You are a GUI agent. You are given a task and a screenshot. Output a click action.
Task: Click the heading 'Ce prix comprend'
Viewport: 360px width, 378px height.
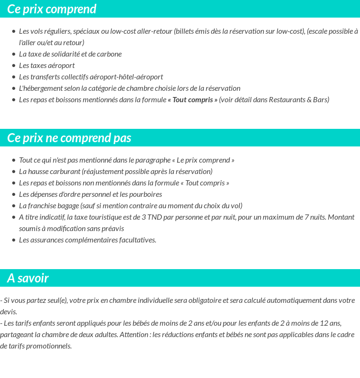[52, 9]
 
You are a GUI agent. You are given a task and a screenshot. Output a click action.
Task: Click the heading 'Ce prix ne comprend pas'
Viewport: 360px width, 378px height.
[69, 138]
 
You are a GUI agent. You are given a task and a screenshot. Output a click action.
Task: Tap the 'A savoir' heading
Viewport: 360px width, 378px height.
[28, 278]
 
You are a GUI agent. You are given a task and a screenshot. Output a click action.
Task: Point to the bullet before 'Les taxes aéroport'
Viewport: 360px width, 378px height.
[14, 66]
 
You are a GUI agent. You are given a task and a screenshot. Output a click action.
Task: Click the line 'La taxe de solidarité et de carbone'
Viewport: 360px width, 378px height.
[70, 54]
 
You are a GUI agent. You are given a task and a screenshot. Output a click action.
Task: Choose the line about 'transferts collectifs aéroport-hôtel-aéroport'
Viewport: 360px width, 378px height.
[91, 77]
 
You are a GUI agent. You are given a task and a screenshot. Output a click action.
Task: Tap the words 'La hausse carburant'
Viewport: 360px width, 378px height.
[49, 172]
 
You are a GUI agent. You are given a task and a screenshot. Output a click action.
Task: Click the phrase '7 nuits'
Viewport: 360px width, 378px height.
[303, 217]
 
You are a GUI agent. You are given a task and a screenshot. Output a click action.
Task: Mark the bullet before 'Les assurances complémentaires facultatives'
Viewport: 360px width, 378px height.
[14, 240]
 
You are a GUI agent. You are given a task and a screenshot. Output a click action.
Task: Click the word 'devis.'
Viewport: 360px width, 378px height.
[9, 312]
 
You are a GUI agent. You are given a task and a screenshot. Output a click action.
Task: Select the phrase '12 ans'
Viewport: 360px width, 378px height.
[331, 323]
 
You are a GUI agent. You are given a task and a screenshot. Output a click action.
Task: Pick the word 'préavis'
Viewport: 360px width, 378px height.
[112, 229]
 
